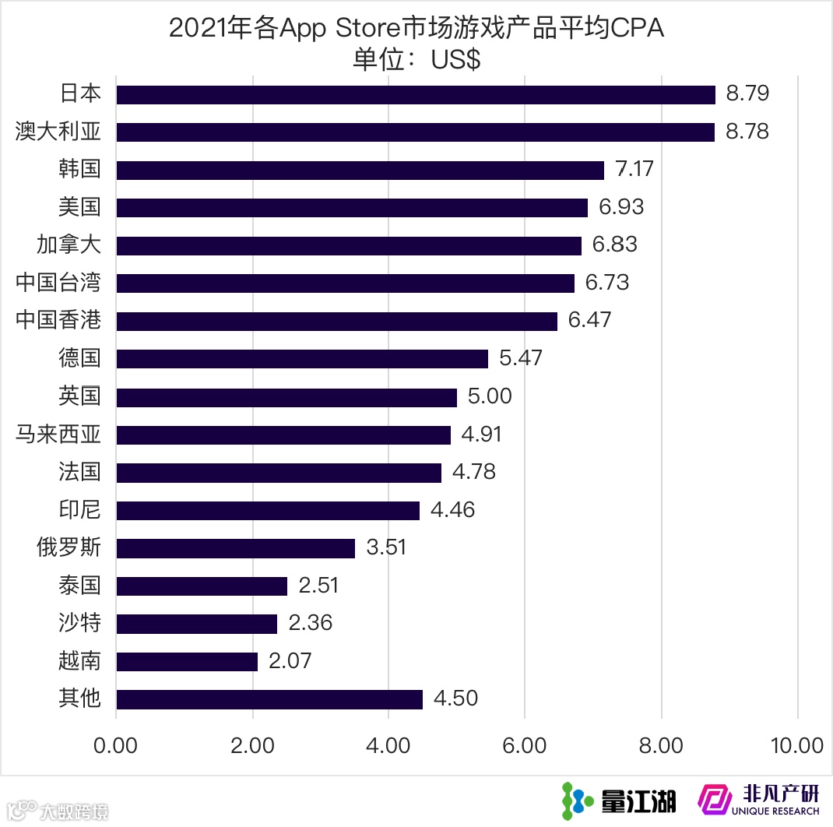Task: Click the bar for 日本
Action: (x=416, y=94)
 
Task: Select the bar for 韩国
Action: (x=360, y=170)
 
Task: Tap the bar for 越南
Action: (x=187, y=662)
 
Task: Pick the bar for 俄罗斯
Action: (x=235, y=548)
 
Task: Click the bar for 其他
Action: (x=269, y=699)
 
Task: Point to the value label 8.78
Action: (x=747, y=132)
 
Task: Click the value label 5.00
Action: (x=490, y=396)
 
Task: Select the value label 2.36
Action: (x=310, y=624)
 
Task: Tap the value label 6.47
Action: (x=589, y=320)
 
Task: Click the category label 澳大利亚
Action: (x=58, y=132)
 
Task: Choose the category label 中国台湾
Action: (x=58, y=283)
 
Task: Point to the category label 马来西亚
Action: (x=58, y=434)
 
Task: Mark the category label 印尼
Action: (x=79, y=510)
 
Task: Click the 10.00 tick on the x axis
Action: (x=796, y=745)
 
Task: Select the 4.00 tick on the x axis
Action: (x=388, y=745)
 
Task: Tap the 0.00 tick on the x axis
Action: (x=116, y=745)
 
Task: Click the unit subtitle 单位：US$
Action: (x=416, y=60)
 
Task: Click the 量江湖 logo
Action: (x=619, y=800)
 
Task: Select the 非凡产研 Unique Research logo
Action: (x=759, y=800)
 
